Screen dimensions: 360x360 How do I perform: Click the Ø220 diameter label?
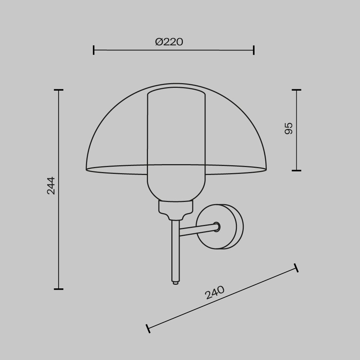pos(169,42)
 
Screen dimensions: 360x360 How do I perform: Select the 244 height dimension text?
pos(51,185)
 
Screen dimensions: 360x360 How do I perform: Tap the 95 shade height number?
pos(289,128)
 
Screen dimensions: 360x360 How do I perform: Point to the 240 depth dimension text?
pos(215,292)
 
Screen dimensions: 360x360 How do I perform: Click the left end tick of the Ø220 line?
pos(94,50)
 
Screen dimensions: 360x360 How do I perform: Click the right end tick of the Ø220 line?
pos(254,50)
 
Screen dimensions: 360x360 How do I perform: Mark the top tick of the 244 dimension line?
pos(58,90)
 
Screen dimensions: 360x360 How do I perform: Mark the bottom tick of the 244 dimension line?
pos(58,289)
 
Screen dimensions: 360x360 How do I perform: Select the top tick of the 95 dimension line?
pos(296,90)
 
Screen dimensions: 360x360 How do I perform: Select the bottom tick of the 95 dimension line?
pos(296,170)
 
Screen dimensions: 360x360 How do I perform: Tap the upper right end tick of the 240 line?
pos(296,267)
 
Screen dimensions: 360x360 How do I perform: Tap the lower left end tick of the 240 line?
pos(148,328)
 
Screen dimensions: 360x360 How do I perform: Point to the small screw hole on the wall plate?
pos(216,227)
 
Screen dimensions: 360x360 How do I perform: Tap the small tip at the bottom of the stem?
pos(176,283)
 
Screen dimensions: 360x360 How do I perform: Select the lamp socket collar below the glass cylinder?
pos(176,209)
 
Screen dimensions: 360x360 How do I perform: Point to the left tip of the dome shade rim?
pos(87,168)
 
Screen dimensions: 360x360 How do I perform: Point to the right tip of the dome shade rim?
pos(266,168)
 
